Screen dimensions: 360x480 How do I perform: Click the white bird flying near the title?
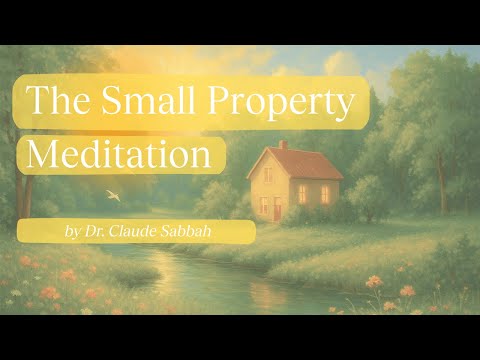113,197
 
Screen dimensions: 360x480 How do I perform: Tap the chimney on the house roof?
284,145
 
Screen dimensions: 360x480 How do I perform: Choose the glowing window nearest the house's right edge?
325,194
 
